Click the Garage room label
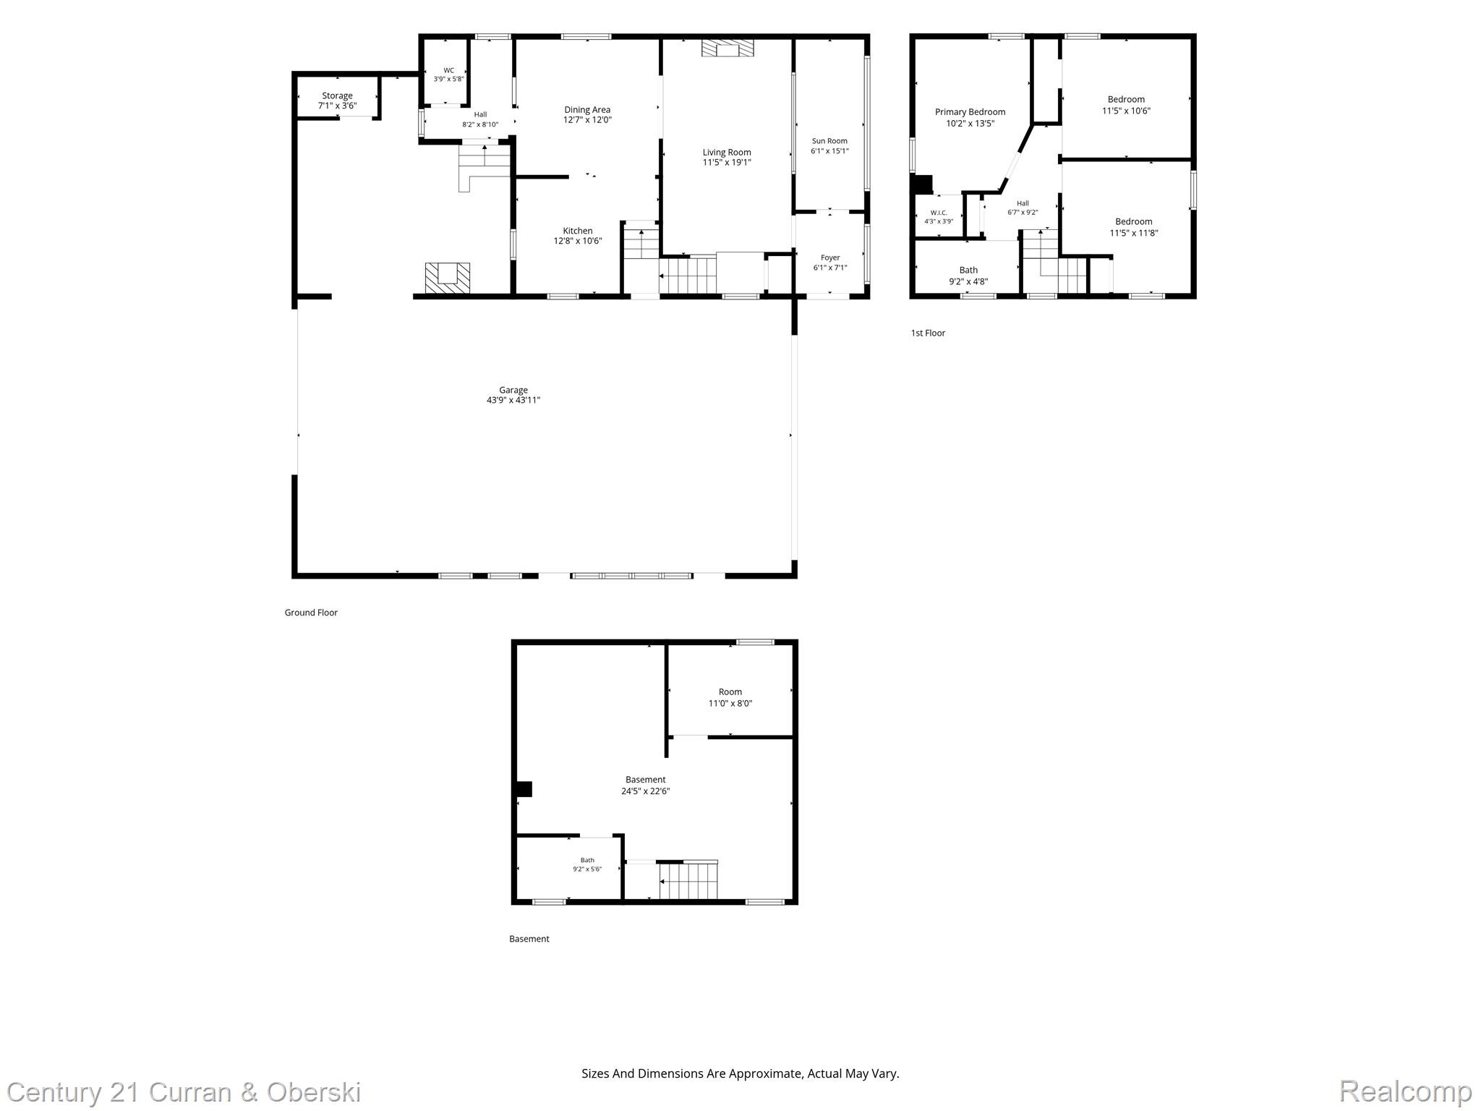(x=513, y=390)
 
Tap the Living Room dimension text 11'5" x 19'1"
(x=727, y=163)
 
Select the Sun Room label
(x=829, y=141)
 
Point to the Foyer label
(x=830, y=257)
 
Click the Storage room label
(x=337, y=95)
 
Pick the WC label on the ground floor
(x=449, y=70)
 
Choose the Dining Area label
(x=587, y=110)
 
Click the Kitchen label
(x=578, y=231)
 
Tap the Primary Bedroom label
(x=970, y=112)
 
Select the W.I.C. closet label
(x=939, y=213)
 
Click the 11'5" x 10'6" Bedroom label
(x=1126, y=105)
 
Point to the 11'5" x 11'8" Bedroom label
(x=1134, y=227)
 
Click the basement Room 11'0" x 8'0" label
(x=730, y=697)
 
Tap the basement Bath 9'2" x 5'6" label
(x=587, y=864)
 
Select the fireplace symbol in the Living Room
(x=727, y=48)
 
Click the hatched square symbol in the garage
(x=447, y=278)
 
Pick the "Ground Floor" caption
(x=311, y=613)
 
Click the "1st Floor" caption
(x=928, y=333)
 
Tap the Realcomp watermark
(x=1405, y=1091)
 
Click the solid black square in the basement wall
(x=524, y=788)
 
